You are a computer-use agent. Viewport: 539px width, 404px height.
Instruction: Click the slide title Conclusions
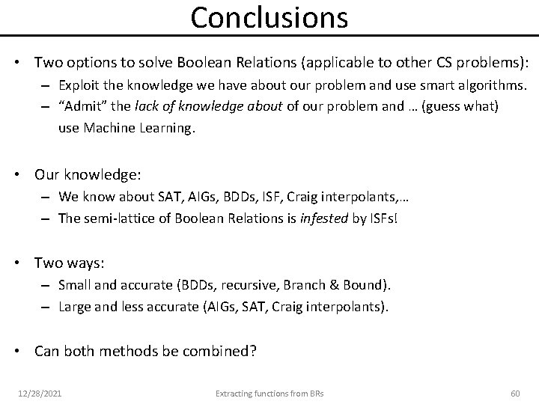tap(269, 17)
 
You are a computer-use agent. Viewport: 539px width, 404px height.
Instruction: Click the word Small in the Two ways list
tap(74, 285)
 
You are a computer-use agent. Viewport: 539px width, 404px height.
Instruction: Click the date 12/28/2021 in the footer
tap(40, 393)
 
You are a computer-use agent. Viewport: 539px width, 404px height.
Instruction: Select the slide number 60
tap(514, 393)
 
